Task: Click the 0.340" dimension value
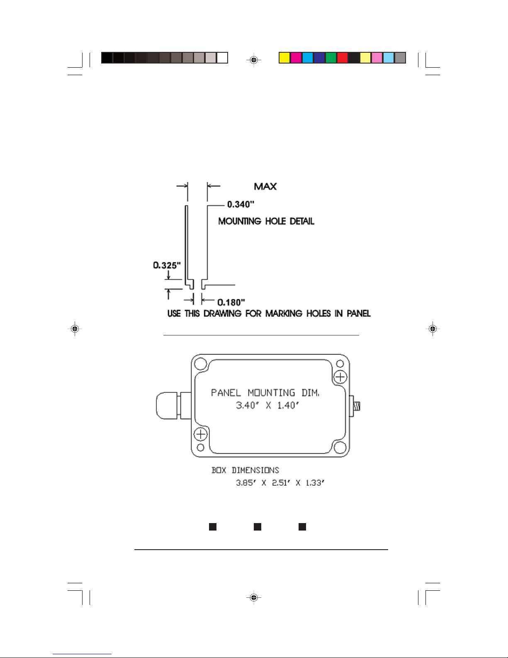[241, 204]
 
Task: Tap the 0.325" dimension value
[167, 265]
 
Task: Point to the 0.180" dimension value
[231, 302]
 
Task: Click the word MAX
[265, 186]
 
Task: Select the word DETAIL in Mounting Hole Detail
[302, 221]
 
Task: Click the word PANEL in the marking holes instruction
[358, 313]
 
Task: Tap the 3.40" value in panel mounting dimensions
[247, 405]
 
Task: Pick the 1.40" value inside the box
[288, 405]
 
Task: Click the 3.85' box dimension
[246, 483]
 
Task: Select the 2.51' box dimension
[281, 483]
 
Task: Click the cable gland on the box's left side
[173, 406]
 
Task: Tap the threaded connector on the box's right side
[355, 406]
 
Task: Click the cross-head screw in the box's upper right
[340, 377]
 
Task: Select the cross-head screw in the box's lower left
[200, 434]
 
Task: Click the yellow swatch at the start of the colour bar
[284, 58]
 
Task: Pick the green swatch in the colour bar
[331, 58]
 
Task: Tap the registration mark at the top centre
[254, 60]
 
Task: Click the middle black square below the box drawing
[258, 527]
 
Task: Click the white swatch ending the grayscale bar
[222, 58]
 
